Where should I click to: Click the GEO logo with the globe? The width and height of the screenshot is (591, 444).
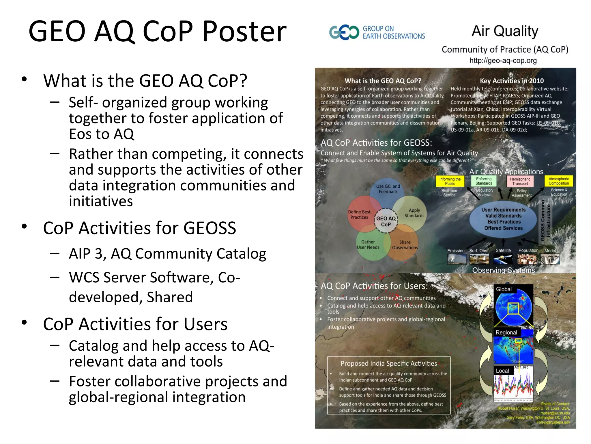[x=344, y=32]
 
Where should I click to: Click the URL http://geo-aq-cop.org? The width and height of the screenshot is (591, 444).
[x=503, y=61]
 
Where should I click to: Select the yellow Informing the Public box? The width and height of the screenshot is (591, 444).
[x=450, y=181]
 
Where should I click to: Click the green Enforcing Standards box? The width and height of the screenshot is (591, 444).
[x=484, y=181]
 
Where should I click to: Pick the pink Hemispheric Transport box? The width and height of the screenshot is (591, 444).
[x=520, y=181]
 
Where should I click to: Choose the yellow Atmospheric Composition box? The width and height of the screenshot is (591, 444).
[x=559, y=181]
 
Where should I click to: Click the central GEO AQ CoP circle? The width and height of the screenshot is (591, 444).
[x=386, y=221]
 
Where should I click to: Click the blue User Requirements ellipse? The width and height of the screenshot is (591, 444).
[x=503, y=219]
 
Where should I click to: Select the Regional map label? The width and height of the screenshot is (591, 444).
[x=506, y=332]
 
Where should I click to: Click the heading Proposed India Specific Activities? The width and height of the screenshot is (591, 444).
[x=389, y=363]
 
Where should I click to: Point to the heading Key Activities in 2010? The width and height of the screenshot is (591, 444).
[x=512, y=81]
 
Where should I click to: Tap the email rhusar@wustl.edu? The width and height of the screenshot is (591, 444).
[x=555, y=413]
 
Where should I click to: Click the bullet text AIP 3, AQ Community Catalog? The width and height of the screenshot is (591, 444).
[x=167, y=254]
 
